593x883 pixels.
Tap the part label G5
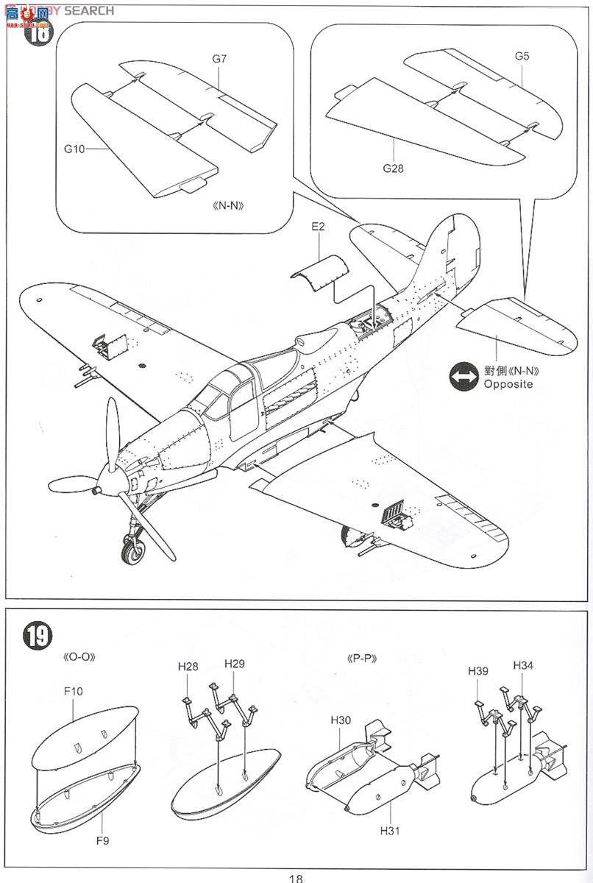[x=522, y=56]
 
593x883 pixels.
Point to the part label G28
[x=393, y=169]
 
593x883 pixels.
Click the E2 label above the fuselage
[x=319, y=227]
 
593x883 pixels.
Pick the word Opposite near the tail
[x=508, y=385]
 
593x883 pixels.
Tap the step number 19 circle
[x=37, y=635]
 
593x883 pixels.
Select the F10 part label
[x=73, y=691]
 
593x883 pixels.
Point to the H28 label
[x=188, y=666]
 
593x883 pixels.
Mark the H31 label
[x=390, y=831]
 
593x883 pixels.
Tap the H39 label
[x=478, y=670]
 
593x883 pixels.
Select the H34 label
[x=523, y=665]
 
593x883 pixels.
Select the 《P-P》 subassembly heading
[x=361, y=659]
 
